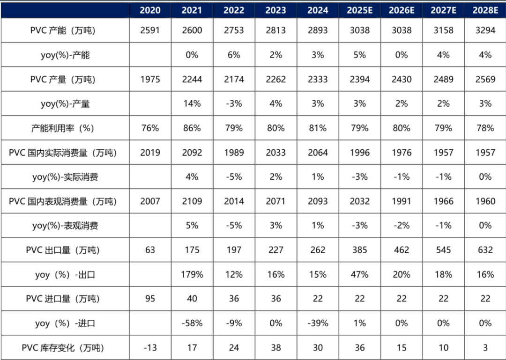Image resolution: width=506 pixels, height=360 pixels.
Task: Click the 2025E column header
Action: [x=359, y=10]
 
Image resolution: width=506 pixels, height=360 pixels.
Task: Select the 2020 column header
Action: [x=150, y=10]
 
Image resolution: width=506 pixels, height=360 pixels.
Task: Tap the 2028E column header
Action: [x=485, y=10]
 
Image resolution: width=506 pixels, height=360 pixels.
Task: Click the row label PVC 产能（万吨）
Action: [x=62, y=30]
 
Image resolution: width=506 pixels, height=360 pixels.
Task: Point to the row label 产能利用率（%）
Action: [x=62, y=128]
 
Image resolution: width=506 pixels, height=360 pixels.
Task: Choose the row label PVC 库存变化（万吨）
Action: [x=62, y=347]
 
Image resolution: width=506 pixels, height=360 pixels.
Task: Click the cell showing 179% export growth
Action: [x=192, y=274]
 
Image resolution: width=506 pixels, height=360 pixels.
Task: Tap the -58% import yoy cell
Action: [x=192, y=323]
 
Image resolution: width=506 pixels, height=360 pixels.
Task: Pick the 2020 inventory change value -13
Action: [x=150, y=347]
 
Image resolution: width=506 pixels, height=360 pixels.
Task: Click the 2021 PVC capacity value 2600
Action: [x=192, y=30]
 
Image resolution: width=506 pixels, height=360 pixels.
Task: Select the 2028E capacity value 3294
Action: [x=485, y=30]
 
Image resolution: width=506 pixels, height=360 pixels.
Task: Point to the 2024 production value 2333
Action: [x=318, y=79]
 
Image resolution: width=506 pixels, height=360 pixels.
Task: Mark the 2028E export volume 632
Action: [x=485, y=250]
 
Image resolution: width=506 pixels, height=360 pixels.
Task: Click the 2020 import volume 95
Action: [x=150, y=299]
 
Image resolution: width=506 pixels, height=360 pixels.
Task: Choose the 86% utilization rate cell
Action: [x=192, y=128]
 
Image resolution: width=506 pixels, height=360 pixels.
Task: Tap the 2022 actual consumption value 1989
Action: [x=234, y=153]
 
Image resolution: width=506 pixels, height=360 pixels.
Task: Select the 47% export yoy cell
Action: [x=359, y=274]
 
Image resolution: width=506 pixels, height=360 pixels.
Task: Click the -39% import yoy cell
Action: [x=318, y=323]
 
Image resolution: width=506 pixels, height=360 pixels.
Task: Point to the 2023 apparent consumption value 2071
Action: [x=275, y=201]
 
